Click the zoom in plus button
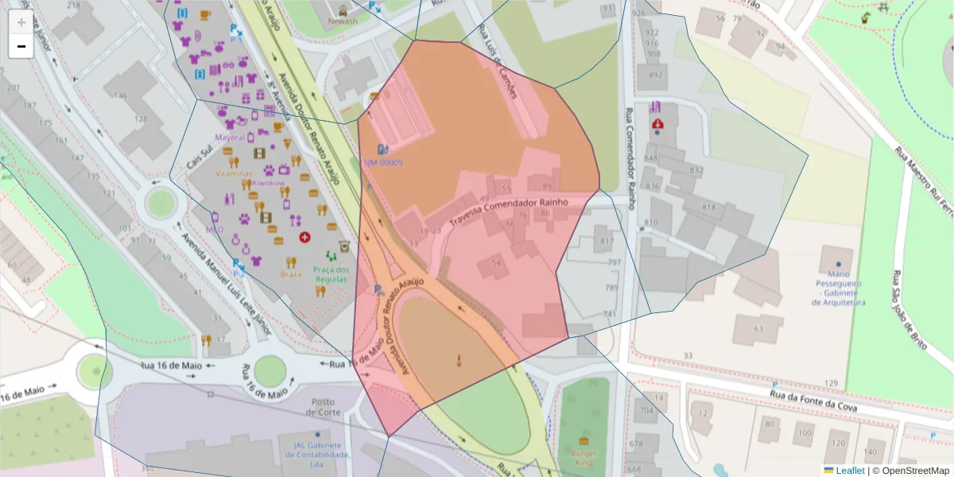(21, 22)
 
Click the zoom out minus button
(21, 46)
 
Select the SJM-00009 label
(383, 163)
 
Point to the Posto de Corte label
(327, 407)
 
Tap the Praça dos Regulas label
(331, 274)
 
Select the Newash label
(343, 22)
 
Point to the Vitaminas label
(233, 173)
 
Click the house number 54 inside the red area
(497, 263)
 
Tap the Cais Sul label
(199, 157)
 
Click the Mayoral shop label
(230, 137)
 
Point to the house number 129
(831, 384)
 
